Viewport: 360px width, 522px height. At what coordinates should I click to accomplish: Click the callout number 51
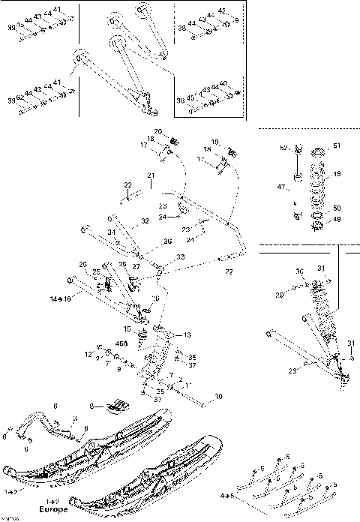[x=336, y=145]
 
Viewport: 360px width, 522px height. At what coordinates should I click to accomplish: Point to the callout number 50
[x=336, y=208]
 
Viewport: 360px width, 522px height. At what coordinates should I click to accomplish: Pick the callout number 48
[x=336, y=220]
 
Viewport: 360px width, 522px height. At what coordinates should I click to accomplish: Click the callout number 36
[x=167, y=241]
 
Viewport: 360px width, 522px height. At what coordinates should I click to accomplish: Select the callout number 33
[x=180, y=256]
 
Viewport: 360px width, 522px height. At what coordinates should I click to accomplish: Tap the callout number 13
[x=187, y=334]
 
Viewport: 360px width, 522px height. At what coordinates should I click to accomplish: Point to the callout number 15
[x=127, y=328]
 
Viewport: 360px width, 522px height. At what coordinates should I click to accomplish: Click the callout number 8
[x=94, y=406]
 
